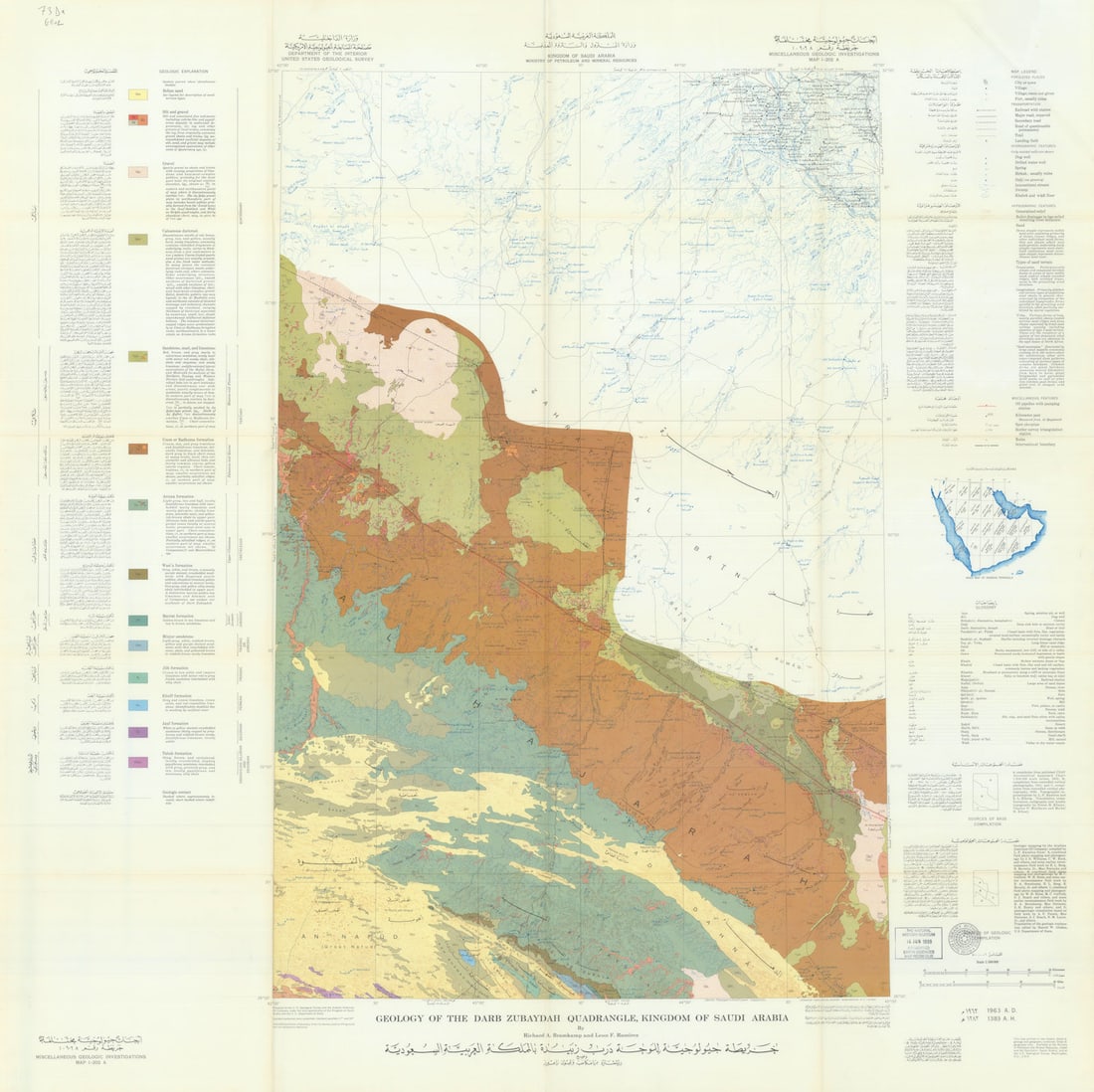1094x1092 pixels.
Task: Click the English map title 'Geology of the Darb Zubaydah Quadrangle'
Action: tap(582, 1018)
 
